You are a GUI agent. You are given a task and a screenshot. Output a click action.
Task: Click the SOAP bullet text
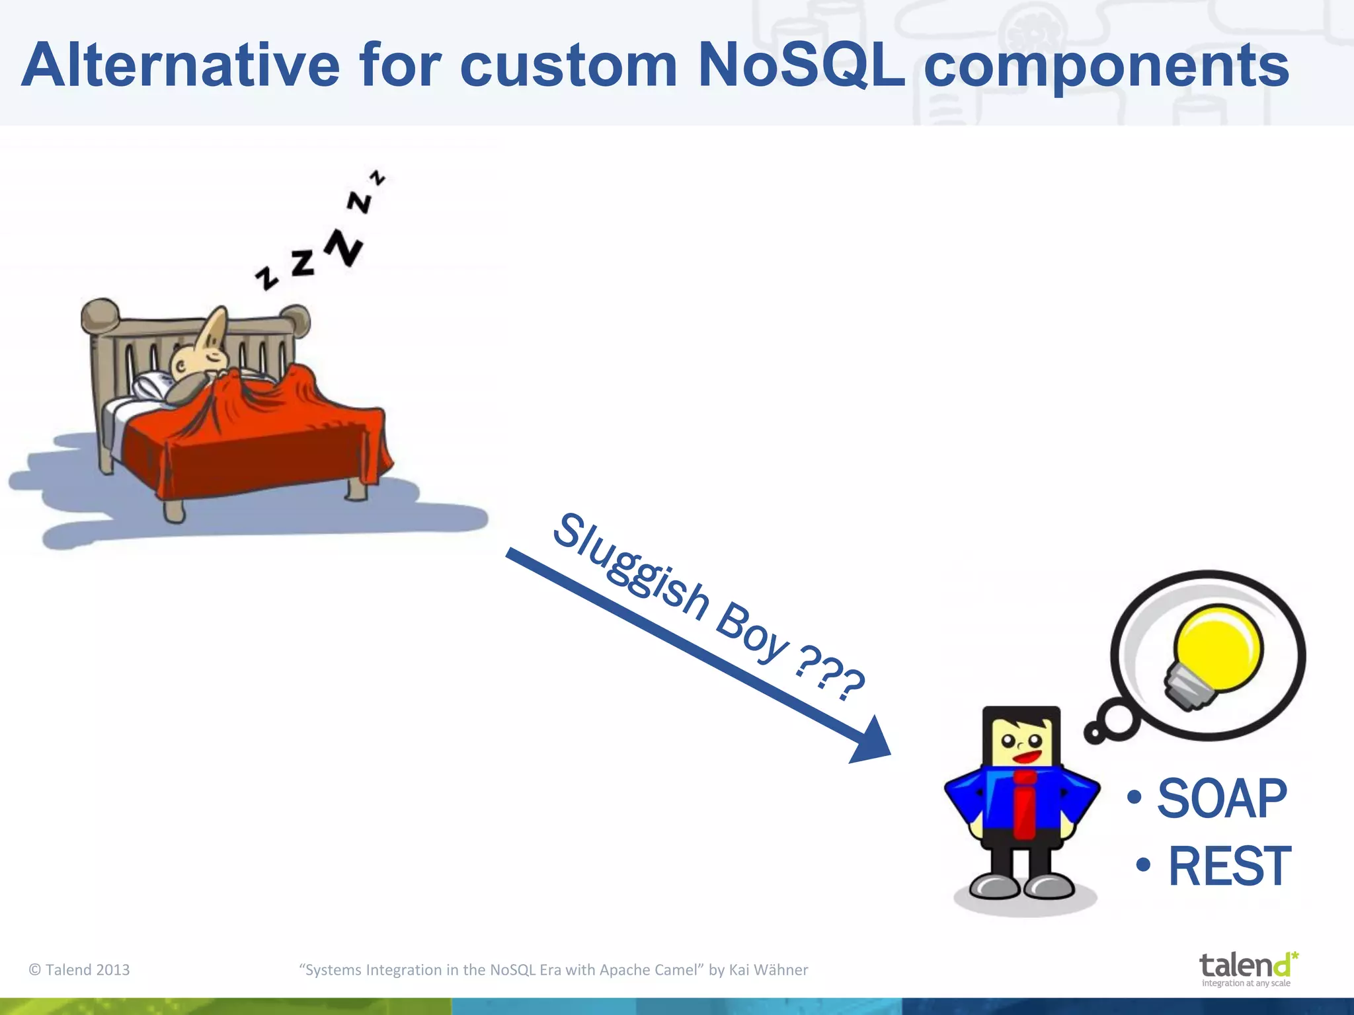click(1222, 799)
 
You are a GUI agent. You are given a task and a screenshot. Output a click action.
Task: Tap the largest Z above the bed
click(344, 247)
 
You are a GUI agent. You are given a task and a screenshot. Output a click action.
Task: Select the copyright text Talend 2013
click(79, 970)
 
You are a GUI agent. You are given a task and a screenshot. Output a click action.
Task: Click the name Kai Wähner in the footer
click(768, 970)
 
